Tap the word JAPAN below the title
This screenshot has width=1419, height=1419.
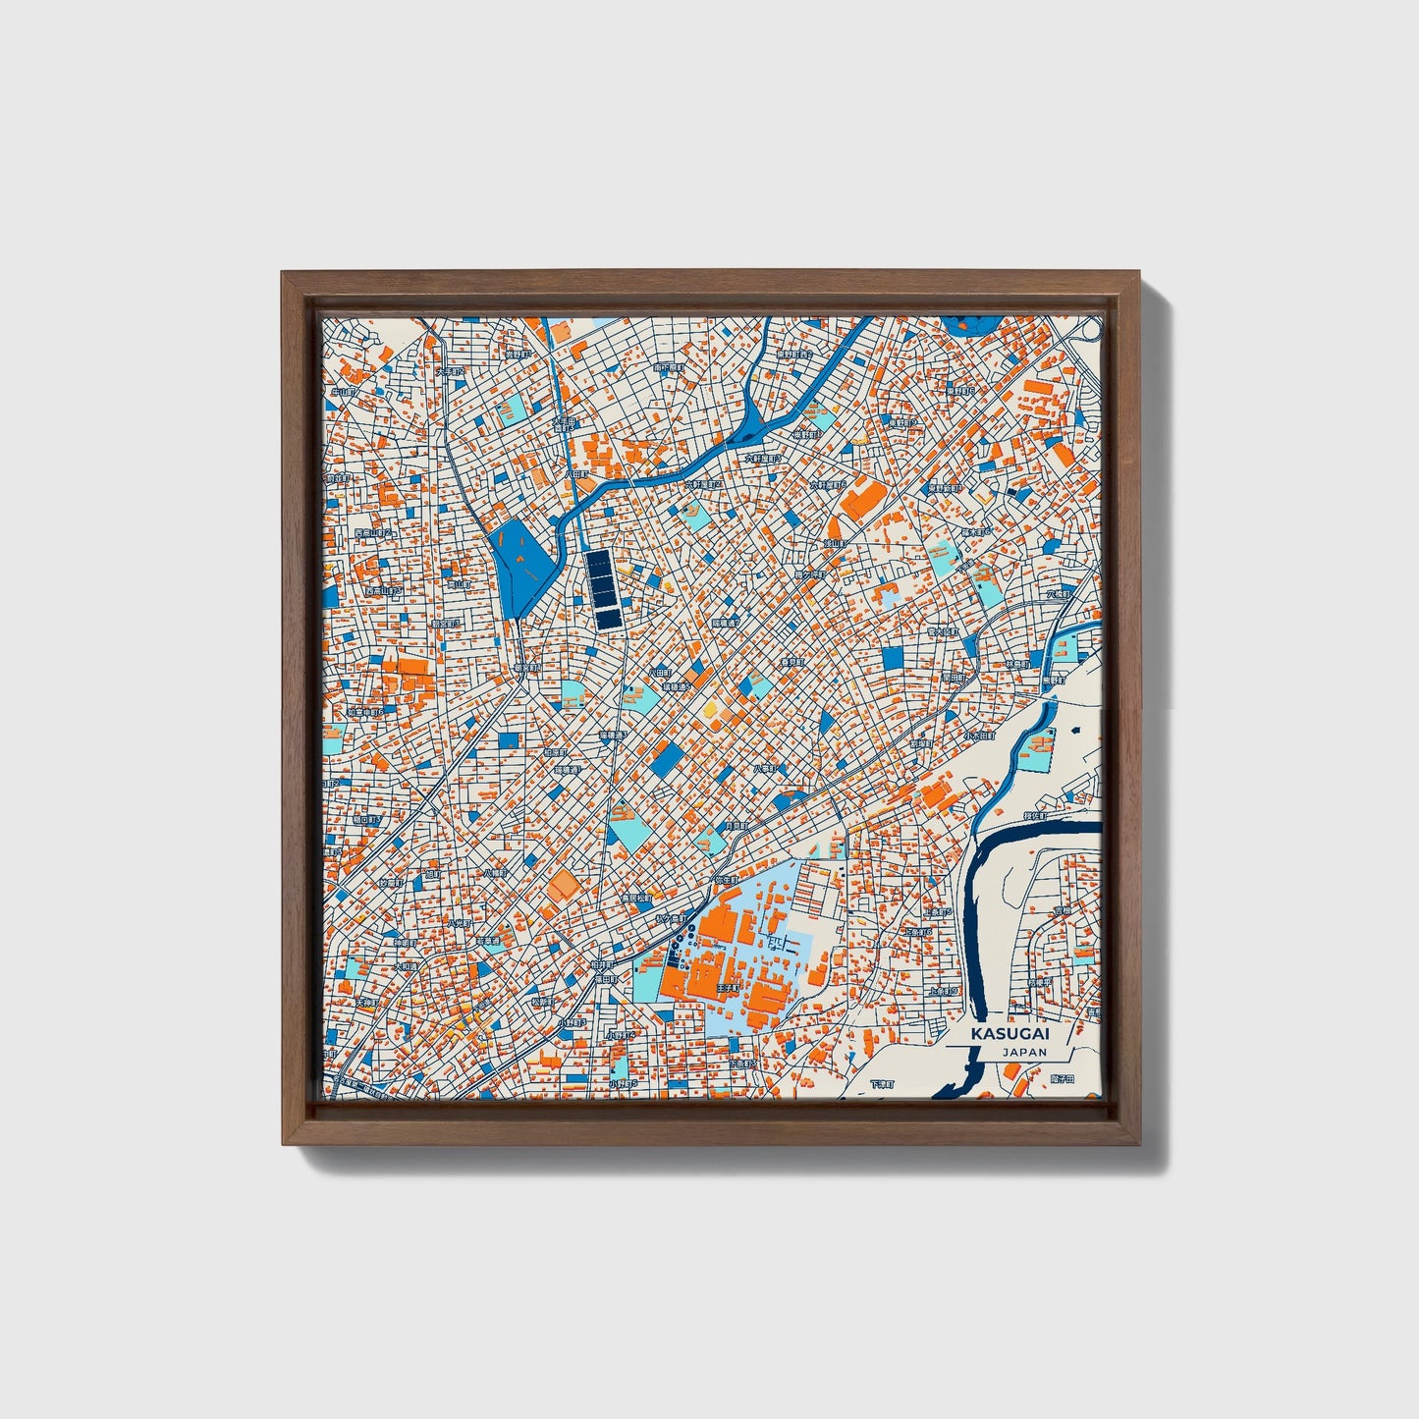point(1024,1052)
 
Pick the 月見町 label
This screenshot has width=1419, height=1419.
point(737,826)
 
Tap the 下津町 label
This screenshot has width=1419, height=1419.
point(883,1084)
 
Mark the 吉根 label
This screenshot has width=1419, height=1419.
point(1063,911)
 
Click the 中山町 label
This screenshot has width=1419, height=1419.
point(343,392)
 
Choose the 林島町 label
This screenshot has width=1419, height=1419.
point(1018,665)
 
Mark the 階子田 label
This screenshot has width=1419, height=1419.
point(1063,1078)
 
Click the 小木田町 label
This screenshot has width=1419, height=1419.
point(977,734)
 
